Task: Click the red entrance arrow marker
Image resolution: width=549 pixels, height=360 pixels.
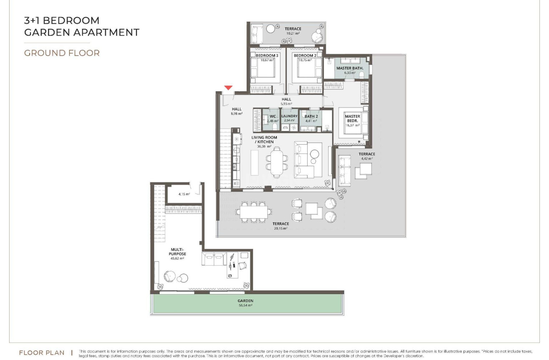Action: (228, 88)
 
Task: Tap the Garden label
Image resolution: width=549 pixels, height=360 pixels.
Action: (245, 301)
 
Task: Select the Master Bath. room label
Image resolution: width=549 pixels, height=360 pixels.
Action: (350, 68)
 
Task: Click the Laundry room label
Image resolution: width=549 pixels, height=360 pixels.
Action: (289, 116)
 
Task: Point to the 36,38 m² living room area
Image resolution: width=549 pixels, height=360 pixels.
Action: (264, 146)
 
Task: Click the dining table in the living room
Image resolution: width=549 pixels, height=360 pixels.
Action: (277, 162)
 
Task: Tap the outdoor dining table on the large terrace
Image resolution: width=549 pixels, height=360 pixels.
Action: (254, 212)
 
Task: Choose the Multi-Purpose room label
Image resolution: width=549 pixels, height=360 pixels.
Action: (177, 252)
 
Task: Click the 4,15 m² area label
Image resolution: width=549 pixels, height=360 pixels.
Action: (184, 194)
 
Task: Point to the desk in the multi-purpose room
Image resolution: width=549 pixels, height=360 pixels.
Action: (233, 265)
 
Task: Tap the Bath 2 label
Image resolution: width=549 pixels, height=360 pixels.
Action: (311, 116)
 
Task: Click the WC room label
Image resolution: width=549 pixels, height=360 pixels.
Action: (273, 116)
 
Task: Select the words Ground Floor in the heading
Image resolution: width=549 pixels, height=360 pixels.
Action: (62, 53)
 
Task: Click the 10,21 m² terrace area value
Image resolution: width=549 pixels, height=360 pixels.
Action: (293, 33)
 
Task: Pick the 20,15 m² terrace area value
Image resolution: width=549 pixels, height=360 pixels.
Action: (281, 228)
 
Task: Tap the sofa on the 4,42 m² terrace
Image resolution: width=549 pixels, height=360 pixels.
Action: (344, 171)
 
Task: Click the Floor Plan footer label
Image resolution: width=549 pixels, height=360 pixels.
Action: (42, 352)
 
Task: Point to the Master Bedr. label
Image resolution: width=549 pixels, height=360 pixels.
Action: (352, 118)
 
